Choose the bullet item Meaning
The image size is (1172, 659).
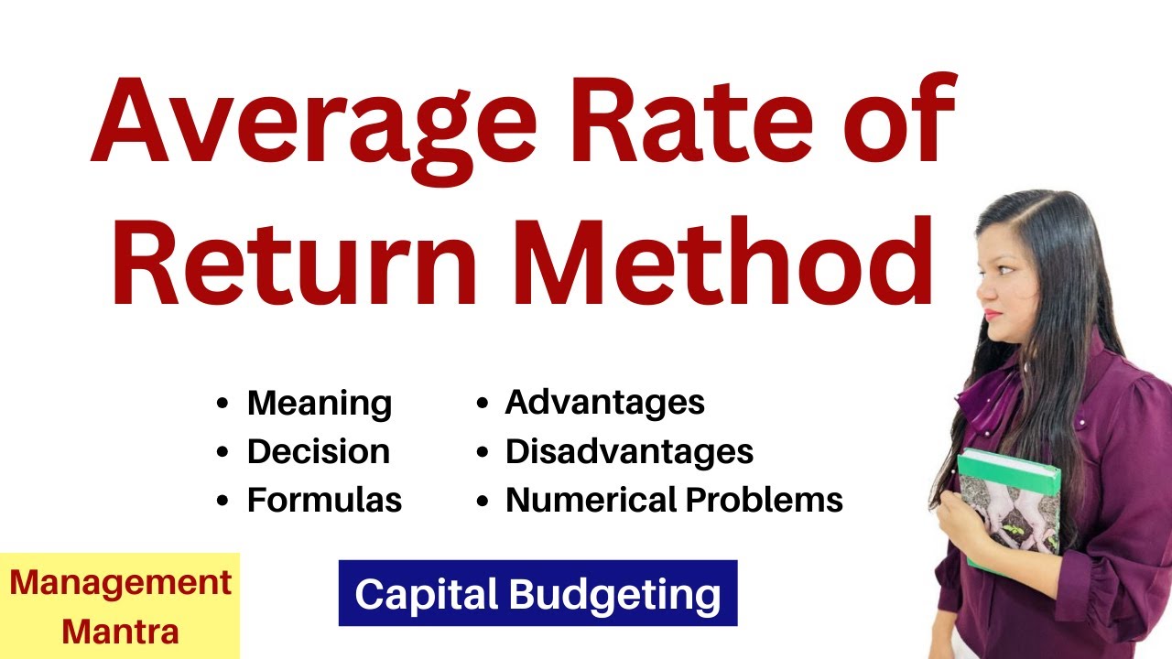pyautogui.click(x=319, y=404)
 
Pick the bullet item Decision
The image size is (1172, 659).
pyautogui.click(x=318, y=451)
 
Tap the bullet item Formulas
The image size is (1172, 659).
pyautogui.click(x=324, y=500)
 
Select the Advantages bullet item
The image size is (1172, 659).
pyautogui.click(x=604, y=402)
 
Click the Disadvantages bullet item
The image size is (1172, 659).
pyautogui.click(x=629, y=451)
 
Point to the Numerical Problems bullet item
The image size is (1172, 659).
pyautogui.click(x=674, y=500)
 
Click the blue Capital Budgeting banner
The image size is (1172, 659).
pyautogui.click(x=537, y=594)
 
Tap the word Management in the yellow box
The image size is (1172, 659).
pyautogui.click(x=121, y=583)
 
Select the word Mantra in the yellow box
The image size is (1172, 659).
pyautogui.click(x=121, y=632)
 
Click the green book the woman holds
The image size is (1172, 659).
pyautogui.click(x=1007, y=503)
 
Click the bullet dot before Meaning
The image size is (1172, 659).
pyautogui.click(x=222, y=404)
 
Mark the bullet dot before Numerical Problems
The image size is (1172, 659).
pyautogui.click(x=482, y=500)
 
